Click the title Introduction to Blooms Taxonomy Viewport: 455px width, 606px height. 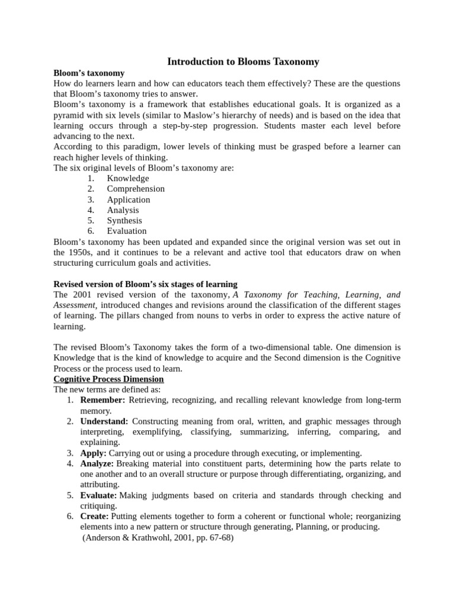tap(243, 62)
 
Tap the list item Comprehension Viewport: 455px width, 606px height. tap(136, 189)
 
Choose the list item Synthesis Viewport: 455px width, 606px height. tap(124, 221)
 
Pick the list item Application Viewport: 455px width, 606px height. tap(129, 199)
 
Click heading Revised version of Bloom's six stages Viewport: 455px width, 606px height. tap(145, 284)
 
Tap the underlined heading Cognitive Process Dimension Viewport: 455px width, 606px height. tap(108, 379)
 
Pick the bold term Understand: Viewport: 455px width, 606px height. tap(104, 421)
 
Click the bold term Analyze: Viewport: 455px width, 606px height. tap(97, 463)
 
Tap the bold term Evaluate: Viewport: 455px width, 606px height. tap(98, 495)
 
